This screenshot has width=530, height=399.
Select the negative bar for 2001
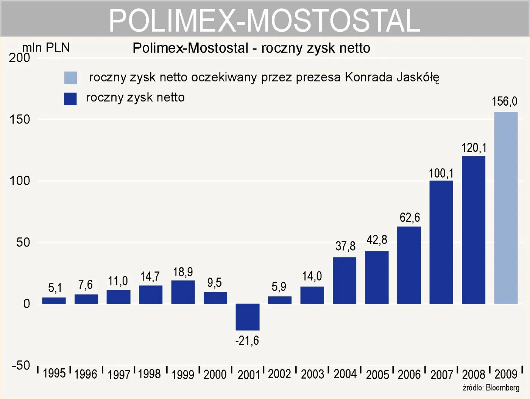tap(248, 317)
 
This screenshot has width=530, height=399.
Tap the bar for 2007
tap(441, 242)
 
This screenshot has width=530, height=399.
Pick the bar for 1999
tap(183, 292)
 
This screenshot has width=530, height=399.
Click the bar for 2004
tap(344, 280)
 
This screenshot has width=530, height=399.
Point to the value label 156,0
tap(504, 101)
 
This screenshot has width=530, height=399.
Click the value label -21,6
tap(247, 341)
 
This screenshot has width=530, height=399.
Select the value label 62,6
tap(410, 218)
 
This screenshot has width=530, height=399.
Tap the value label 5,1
tap(55, 288)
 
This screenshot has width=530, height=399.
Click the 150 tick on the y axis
tap(20, 120)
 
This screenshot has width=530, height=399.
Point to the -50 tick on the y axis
tap(21, 365)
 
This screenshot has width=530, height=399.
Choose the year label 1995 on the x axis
tap(54, 374)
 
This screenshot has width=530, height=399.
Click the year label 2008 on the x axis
tap(474, 374)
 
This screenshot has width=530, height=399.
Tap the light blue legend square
tap(70, 78)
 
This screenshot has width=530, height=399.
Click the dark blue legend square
tap(70, 99)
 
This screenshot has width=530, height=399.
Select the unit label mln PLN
tap(46, 47)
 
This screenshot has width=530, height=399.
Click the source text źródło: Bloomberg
tap(491, 388)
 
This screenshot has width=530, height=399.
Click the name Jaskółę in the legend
tap(418, 77)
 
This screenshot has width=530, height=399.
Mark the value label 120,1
tap(474, 148)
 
